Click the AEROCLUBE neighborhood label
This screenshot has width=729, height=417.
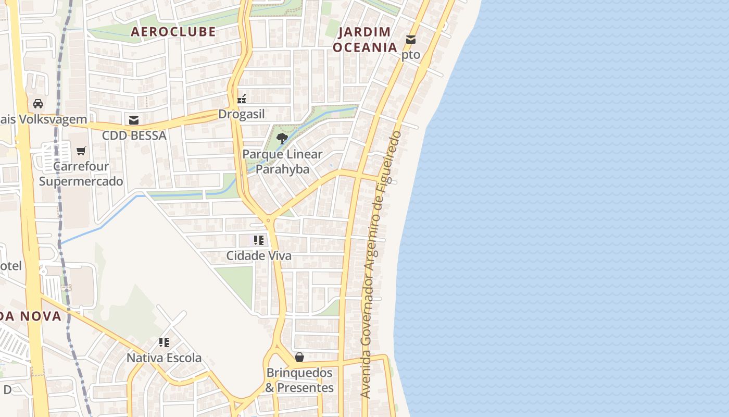tap(173, 32)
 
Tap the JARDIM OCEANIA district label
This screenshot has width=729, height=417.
tap(364, 40)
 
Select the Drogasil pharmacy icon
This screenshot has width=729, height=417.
tap(242, 99)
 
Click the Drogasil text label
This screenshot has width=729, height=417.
tap(242, 114)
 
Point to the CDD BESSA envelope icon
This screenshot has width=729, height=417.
tap(134, 120)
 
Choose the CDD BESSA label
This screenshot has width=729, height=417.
tap(134, 136)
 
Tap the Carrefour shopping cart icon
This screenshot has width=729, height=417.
tap(81, 151)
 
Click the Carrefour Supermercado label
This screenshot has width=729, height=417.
tap(81, 174)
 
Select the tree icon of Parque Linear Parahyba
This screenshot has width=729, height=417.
tap(282, 139)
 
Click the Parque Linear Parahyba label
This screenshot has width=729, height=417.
tap(282, 162)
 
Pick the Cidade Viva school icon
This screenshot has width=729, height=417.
tap(259, 240)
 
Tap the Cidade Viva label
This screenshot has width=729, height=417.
tap(259, 256)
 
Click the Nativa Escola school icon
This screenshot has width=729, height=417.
tap(164, 342)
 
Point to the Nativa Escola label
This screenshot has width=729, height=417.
tap(164, 358)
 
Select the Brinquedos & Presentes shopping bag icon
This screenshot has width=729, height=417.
tap(299, 357)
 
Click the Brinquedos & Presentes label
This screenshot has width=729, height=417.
tap(299, 381)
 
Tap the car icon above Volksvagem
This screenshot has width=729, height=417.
tap(38, 104)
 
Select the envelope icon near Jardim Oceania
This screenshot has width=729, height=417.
tap(411, 39)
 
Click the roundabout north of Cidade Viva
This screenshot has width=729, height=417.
tap(268, 221)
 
